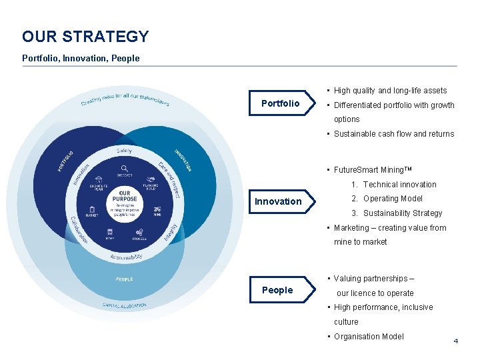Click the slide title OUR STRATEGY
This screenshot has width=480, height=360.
pyautogui.click(x=85, y=37)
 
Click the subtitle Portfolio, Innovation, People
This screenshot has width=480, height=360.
pyautogui.click(x=81, y=58)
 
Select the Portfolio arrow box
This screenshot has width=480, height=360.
pyautogui.click(x=280, y=103)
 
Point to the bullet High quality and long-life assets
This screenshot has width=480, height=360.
pyautogui.click(x=390, y=91)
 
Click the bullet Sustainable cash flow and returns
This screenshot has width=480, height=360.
pyautogui.click(x=393, y=134)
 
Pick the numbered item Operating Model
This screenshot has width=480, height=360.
pyautogui.click(x=393, y=199)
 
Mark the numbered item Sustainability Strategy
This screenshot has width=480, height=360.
pyautogui.click(x=402, y=213)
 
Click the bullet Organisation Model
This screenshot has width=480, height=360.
pyautogui.click(x=369, y=337)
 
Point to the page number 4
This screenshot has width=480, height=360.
pyautogui.click(x=456, y=341)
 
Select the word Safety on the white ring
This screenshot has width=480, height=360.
pyautogui.click(x=124, y=151)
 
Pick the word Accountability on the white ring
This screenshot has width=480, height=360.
pyautogui.click(x=126, y=257)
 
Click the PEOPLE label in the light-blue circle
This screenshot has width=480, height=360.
pyautogui.click(x=124, y=279)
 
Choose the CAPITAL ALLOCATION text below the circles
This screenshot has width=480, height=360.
pyautogui.click(x=124, y=305)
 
